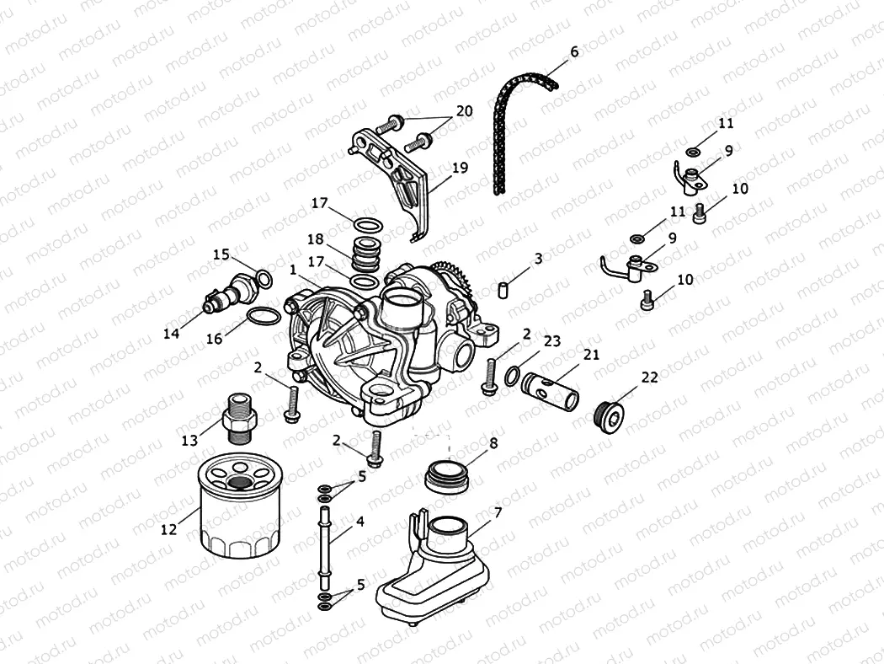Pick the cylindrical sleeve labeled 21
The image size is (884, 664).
coord(548,388)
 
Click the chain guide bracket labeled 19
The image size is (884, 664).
coord(404,181)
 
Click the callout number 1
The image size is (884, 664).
coord(292,270)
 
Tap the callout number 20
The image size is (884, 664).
coord(465,111)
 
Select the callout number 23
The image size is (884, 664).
coord(551,341)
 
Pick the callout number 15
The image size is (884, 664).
coord(221,254)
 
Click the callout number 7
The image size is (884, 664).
coord(498,511)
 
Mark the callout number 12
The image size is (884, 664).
coord(168,529)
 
